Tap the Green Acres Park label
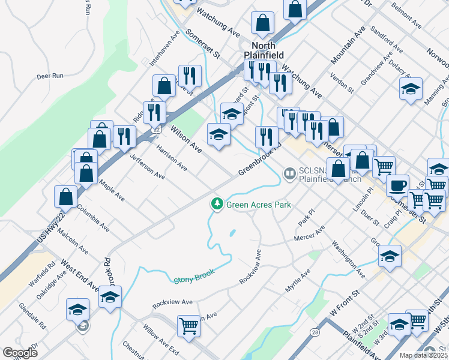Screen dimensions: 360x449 click(x=259, y=205)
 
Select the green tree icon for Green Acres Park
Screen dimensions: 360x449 click(x=217, y=205)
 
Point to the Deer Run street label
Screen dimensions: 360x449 click(x=50, y=76)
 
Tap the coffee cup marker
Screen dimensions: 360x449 click(x=397, y=185)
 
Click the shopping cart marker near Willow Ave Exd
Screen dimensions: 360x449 click(x=188, y=326)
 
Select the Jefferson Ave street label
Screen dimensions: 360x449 click(x=148, y=166)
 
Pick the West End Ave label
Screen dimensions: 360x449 click(x=80, y=275)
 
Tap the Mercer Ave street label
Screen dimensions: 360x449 click(x=309, y=233)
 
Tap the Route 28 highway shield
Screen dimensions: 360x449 click(x=314, y=331)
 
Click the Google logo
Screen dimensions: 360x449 click(x=20, y=353)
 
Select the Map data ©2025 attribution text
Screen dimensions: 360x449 click(x=423, y=355)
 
